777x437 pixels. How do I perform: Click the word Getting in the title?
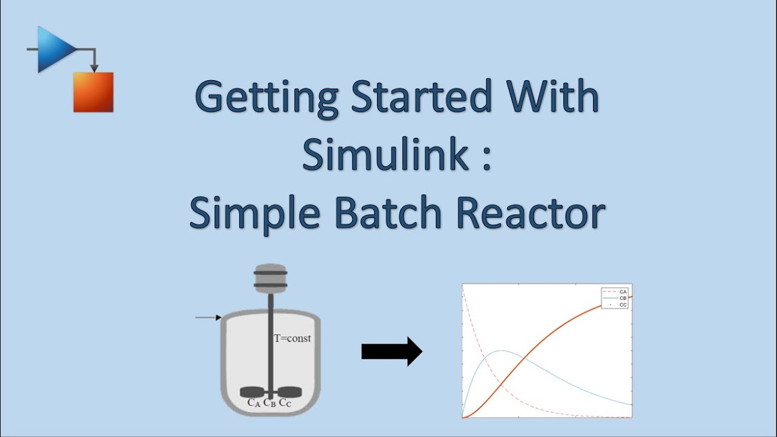coord(266,98)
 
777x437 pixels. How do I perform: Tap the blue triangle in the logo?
coord(54,49)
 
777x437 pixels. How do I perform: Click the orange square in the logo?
coord(93,92)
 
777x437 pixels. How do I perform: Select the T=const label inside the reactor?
coord(292,338)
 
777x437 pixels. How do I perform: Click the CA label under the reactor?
coord(254,402)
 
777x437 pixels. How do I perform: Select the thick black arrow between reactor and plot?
coord(392,351)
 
